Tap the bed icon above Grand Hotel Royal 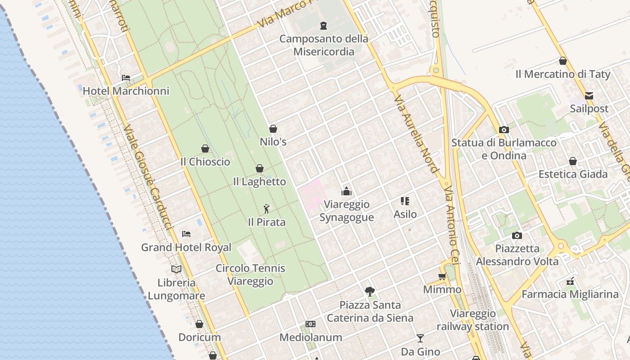tap(186, 234)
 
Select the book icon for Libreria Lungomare tap(176, 269)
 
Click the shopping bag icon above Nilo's tap(273, 129)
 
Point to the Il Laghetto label tap(259, 182)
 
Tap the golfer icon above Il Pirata tap(266, 209)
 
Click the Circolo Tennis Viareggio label tap(250, 274)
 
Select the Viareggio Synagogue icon tap(346, 191)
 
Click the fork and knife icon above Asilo tap(405, 201)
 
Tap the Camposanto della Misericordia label tap(324, 45)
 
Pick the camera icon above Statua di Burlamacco tap(504, 130)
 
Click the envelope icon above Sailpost tap(589, 95)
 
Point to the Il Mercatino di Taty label tap(563, 74)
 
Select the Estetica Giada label tap(573, 174)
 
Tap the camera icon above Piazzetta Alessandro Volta tap(517, 235)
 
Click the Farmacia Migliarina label tap(570, 294)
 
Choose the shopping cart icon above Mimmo tap(442, 277)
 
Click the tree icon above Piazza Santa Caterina tap(370, 292)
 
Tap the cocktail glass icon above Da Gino tap(420, 338)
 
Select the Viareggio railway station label tap(473, 320)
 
